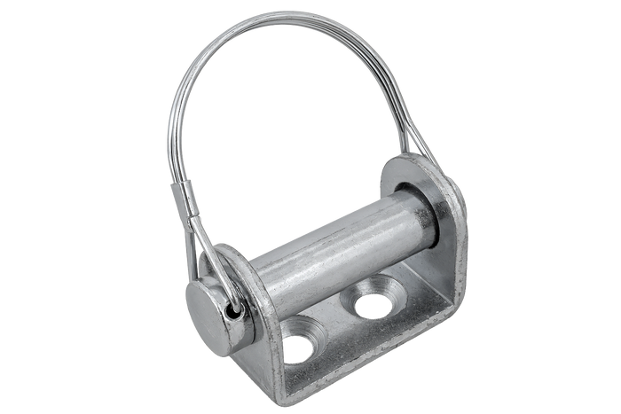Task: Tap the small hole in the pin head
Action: point(234,311)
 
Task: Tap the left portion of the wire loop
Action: point(173,115)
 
